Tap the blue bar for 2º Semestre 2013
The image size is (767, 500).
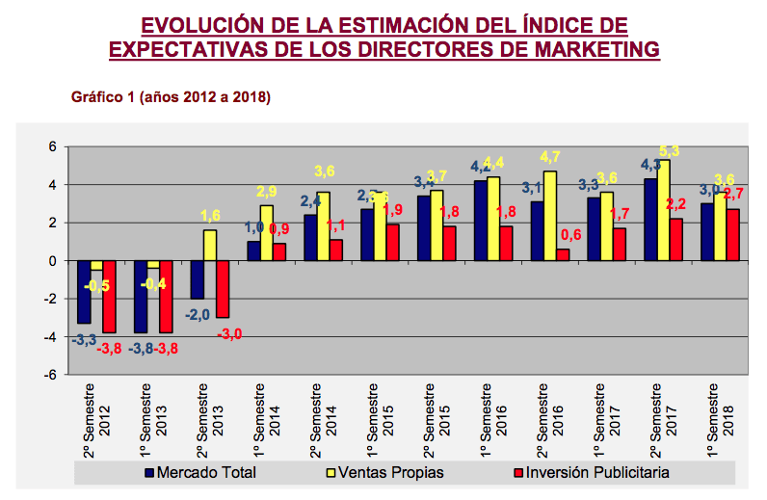pyautogui.click(x=198, y=279)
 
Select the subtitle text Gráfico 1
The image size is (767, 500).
pyautogui.click(x=103, y=97)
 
